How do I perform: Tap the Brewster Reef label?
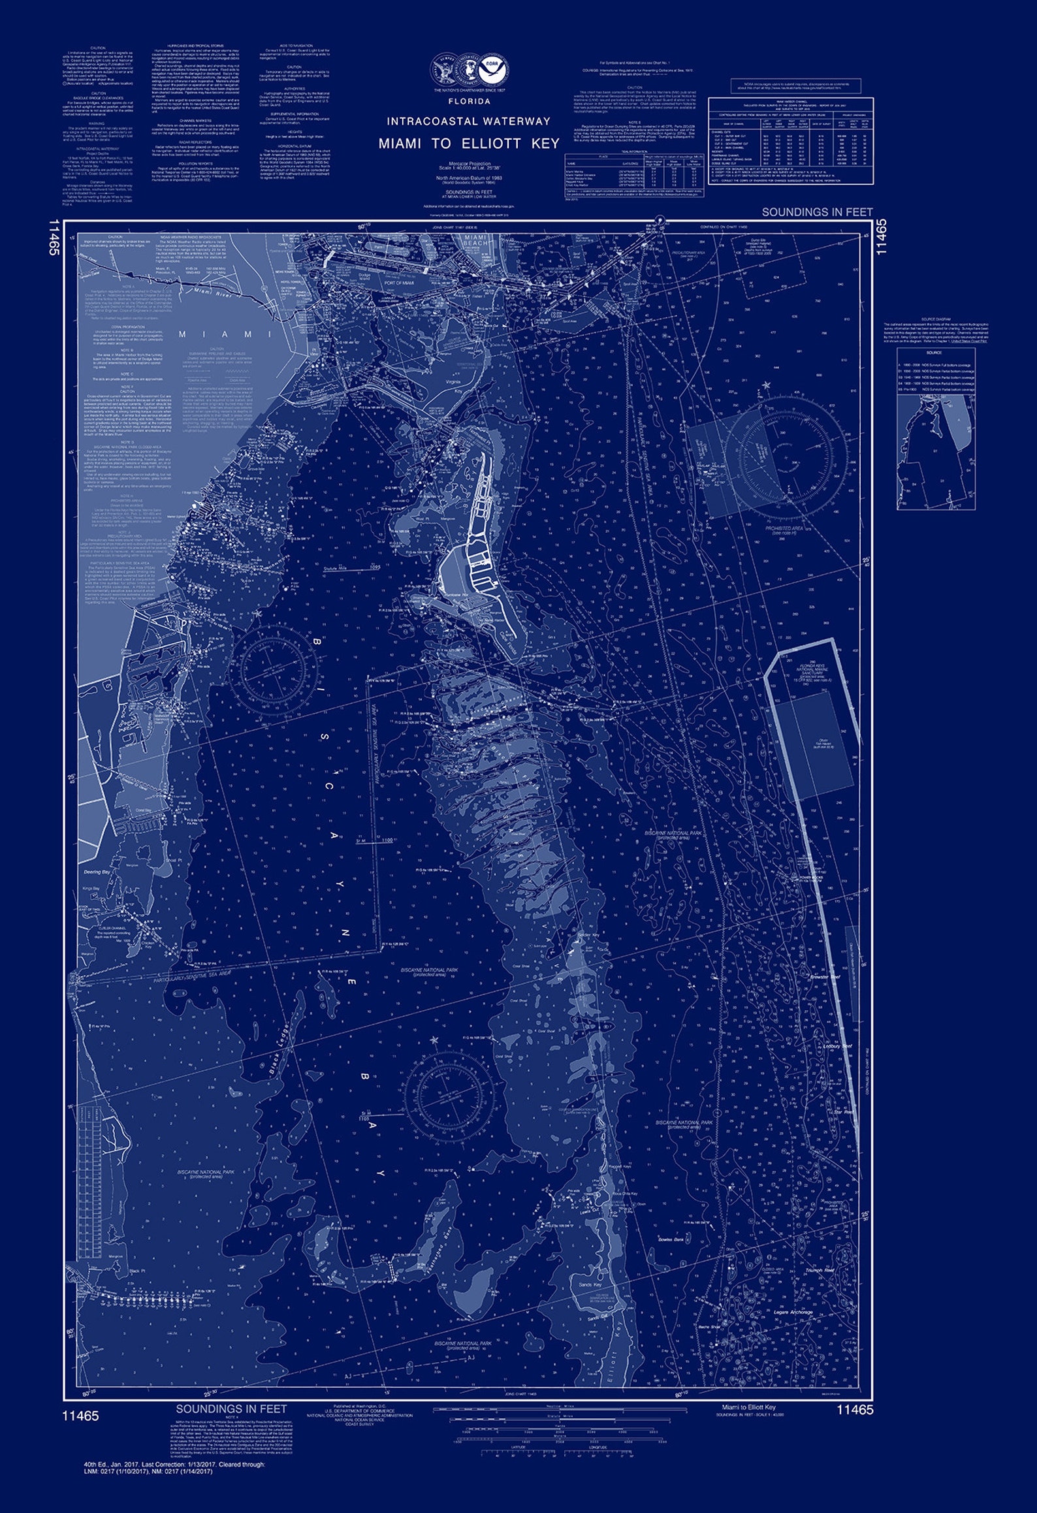click(824, 977)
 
